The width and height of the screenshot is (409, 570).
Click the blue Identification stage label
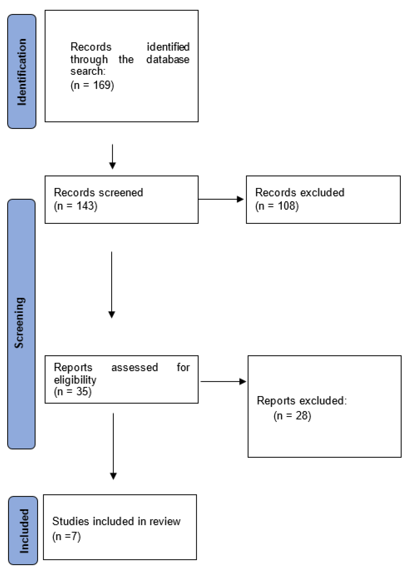coord(22,71)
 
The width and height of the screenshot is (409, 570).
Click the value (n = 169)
coord(92,85)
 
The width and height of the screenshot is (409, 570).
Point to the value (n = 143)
coord(75,206)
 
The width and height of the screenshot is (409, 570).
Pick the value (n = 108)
coord(277,206)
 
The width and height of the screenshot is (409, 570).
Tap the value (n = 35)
coord(73,392)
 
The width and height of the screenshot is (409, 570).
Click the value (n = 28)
coord(292,416)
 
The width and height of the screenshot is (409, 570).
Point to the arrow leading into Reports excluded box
coord(223,381)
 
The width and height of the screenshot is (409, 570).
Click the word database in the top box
coord(168,59)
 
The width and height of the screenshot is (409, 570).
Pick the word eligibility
coord(75,380)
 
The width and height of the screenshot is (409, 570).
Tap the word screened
coord(121,193)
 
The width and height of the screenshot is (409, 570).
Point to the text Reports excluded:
coord(301,401)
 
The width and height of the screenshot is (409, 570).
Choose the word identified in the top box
coord(168,47)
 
